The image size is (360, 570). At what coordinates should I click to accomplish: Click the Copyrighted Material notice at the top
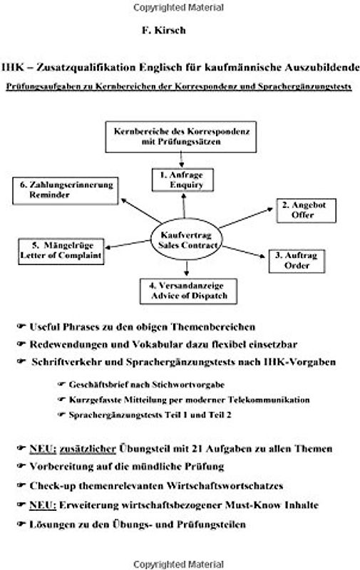coord(180,6)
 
